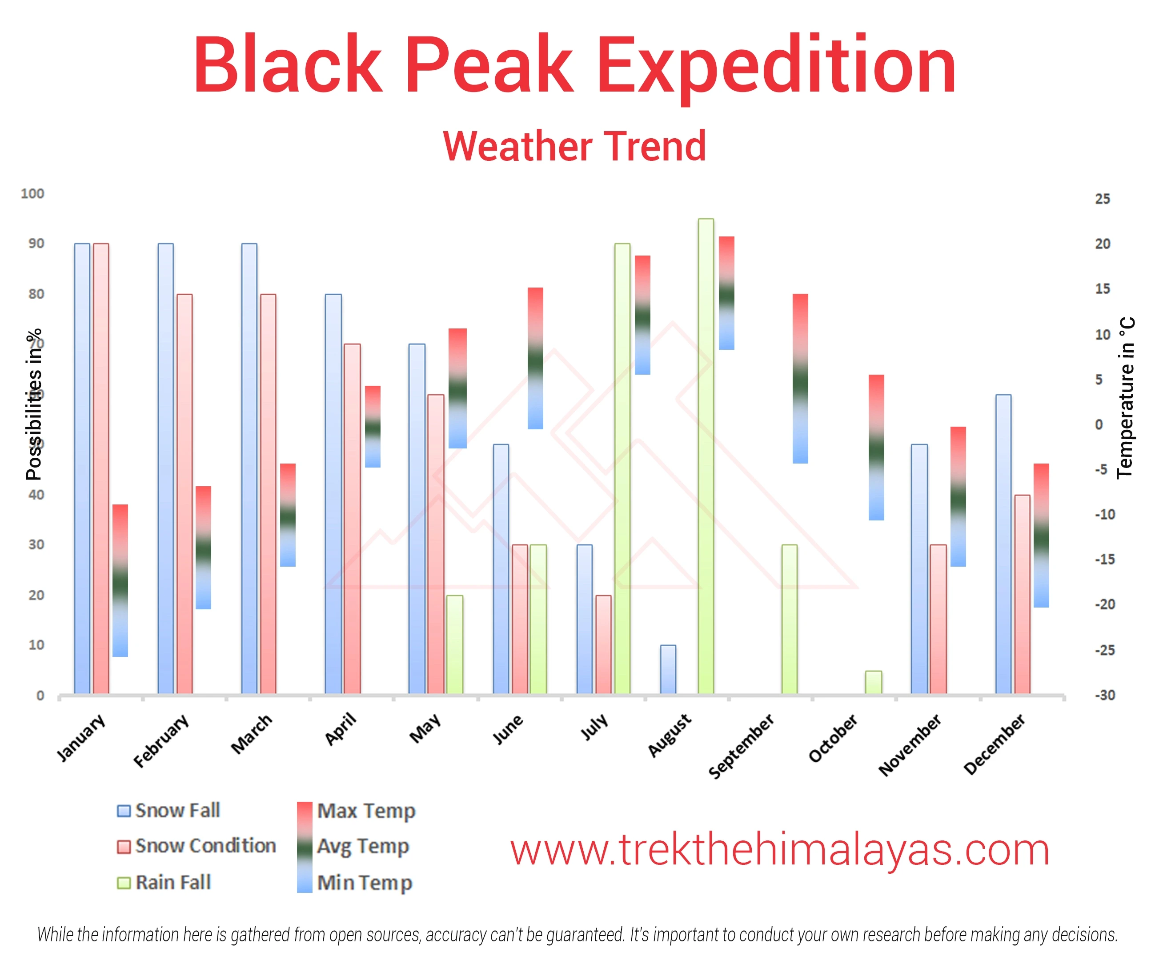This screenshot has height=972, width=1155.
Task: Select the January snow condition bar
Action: tap(101, 468)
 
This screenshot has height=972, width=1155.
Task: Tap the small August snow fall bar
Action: tap(668, 669)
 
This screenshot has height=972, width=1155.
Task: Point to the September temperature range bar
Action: tap(800, 379)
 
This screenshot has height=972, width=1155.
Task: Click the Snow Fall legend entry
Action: tap(168, 811)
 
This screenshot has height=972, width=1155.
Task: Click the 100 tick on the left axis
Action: tap(32, 193)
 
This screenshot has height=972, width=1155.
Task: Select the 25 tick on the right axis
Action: tap(1102, 199)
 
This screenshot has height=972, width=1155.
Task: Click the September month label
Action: tap(741, 745)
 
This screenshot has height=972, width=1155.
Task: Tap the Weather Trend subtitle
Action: tap(574, 146)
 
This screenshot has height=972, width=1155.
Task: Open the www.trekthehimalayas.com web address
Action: tap(779, 850)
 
